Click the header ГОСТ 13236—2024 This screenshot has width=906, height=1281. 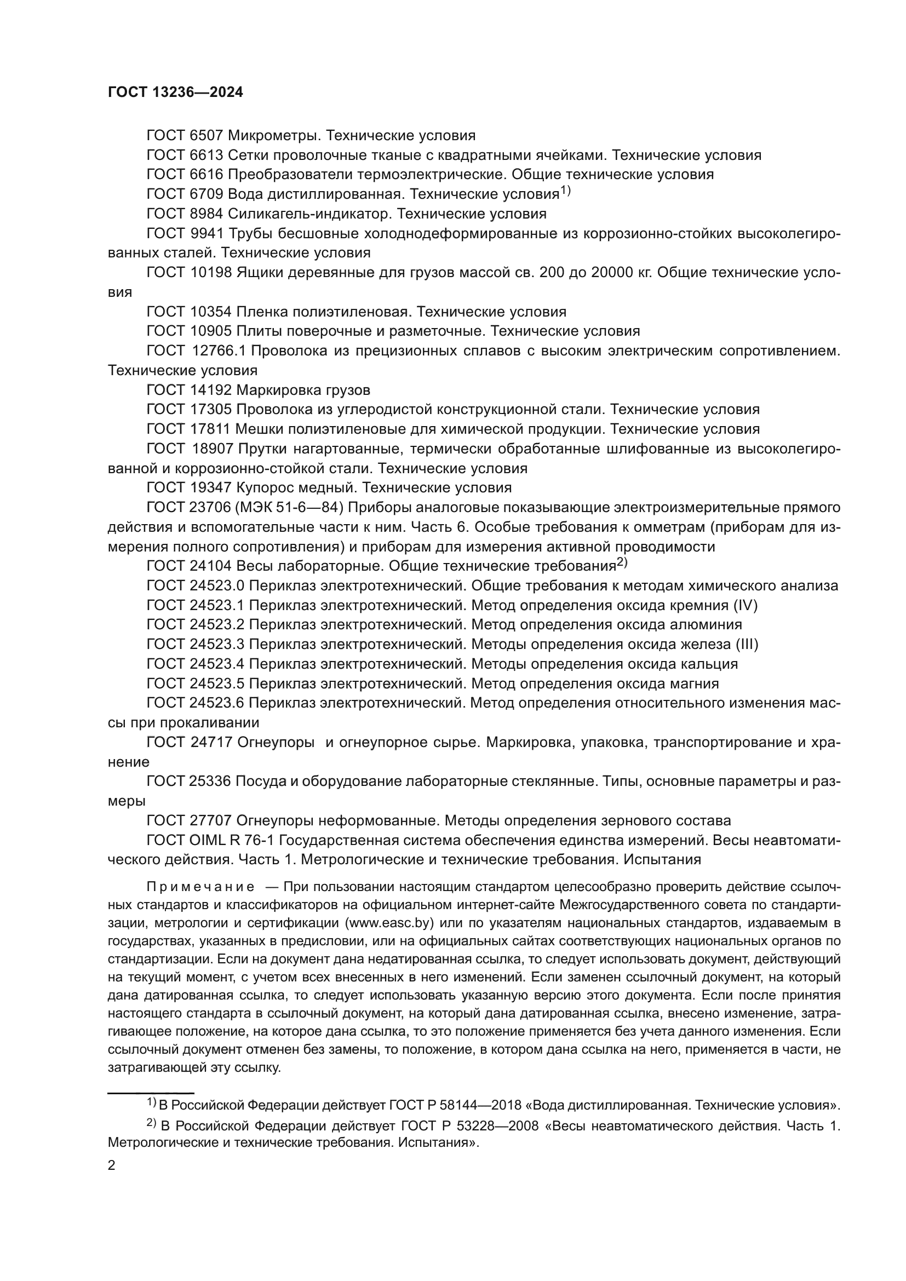[x=175, y=93]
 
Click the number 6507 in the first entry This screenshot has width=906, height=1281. [x=206, y=136]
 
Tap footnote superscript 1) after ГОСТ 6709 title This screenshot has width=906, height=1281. [x=565, y=191]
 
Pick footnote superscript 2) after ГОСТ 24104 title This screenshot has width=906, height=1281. [x=622, y=563]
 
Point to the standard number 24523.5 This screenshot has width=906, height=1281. [x=214, y=683]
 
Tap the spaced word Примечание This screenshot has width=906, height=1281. [x=201, y=887]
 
